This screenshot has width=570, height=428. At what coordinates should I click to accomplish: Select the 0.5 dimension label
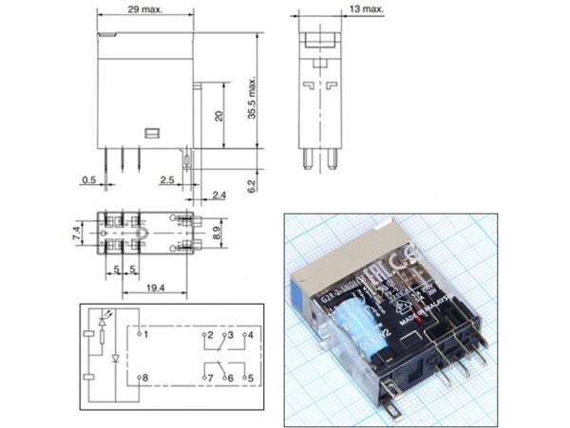(88, 178)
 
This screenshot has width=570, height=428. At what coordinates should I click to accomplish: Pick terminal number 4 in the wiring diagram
(249, 335)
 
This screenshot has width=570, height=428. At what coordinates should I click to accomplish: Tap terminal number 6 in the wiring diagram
(228, 378)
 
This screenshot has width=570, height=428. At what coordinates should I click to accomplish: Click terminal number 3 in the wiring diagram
(228, 335)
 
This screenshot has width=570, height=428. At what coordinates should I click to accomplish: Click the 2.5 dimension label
(167, 178)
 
